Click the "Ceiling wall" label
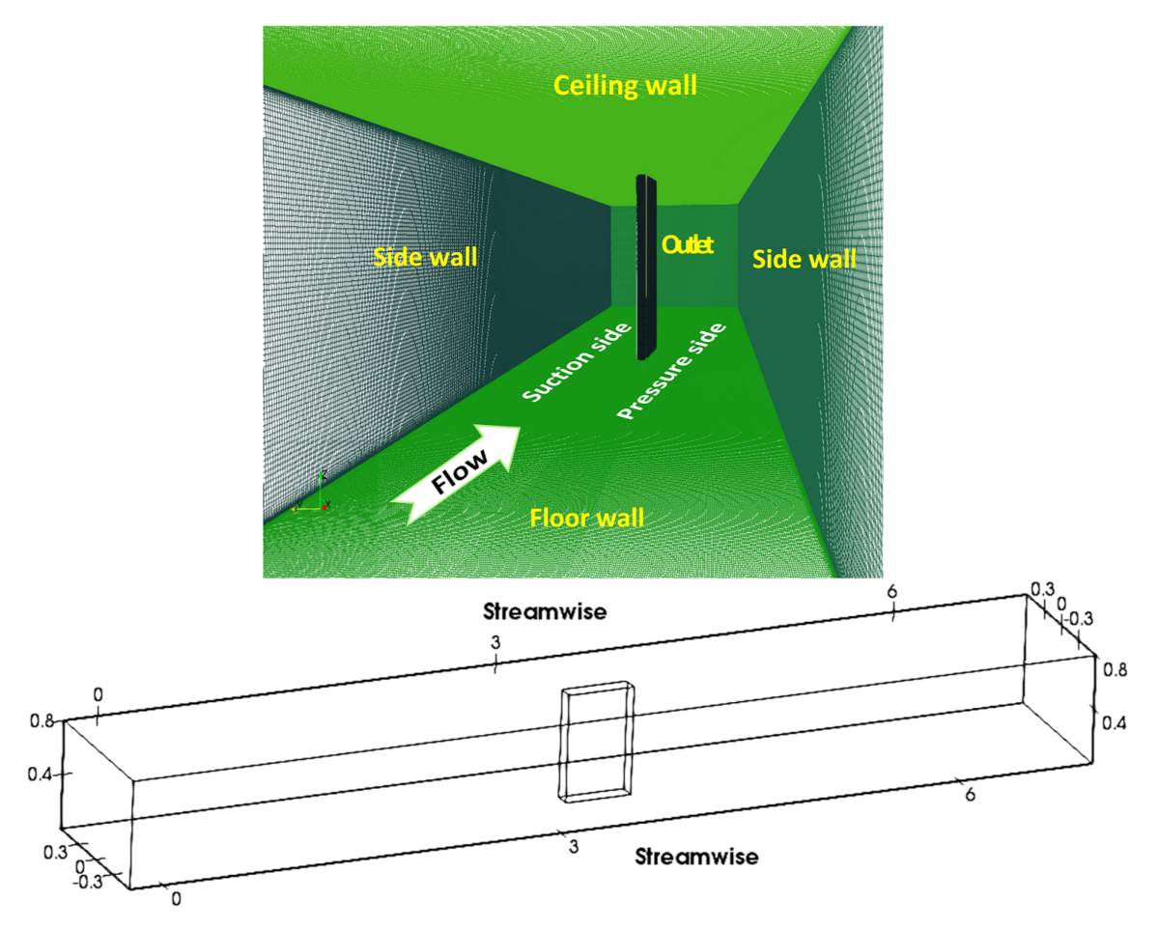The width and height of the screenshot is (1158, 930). pyautogui.click(x=624, y=87)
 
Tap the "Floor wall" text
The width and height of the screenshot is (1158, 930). pyautogui.click(x=586, y=519)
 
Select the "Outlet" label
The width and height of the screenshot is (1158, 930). pyautogui.click(x=687, y=245)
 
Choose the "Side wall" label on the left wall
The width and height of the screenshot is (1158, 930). pyautogui.click(x=426, y=258)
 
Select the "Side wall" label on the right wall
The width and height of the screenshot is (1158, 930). pyautogui.click(x=804, y=259)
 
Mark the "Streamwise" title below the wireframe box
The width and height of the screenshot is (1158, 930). pyautogui.click(x=696, y=856)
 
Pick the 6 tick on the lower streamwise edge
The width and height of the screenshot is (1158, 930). pyautogui.click(x=971, y=794)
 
